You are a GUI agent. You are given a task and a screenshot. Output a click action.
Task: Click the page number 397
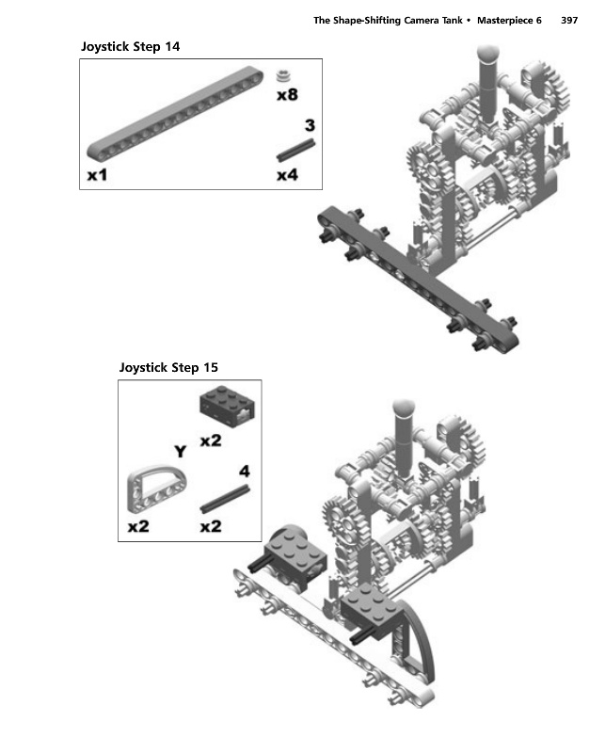point(568,21)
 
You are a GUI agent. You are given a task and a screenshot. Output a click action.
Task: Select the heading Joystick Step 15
point(169,367)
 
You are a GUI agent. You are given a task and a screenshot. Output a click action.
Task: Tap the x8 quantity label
point(287,94)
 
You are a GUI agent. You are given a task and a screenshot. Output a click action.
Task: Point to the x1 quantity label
point(97,175)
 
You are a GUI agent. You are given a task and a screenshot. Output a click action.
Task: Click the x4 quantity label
point(287,175)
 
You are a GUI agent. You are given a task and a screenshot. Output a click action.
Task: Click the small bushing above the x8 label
point(286,76)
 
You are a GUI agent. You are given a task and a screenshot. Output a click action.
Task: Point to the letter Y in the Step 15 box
point(180,452)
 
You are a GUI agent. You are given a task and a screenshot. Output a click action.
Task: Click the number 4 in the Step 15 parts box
point(245,471)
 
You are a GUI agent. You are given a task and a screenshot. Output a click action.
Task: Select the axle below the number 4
point(226,497)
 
